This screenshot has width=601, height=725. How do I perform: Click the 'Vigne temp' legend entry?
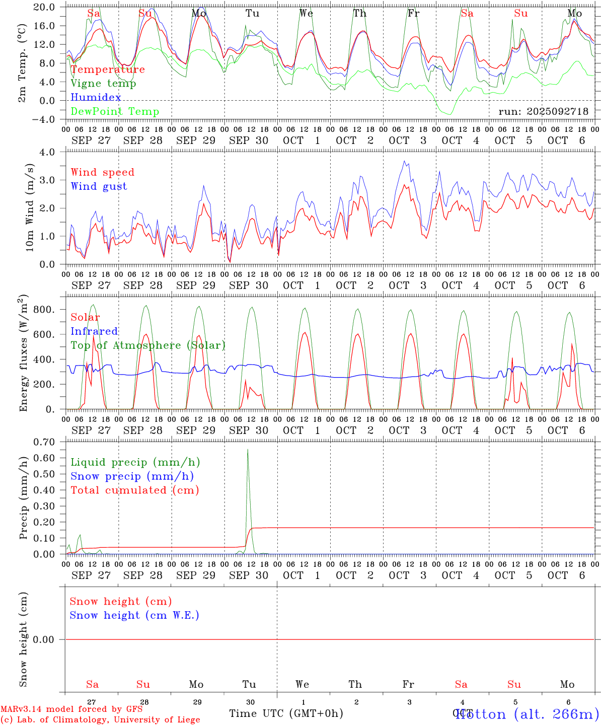(103, 84)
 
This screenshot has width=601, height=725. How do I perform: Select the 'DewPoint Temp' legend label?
(115, 112)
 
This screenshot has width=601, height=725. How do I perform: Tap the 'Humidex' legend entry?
(96, 98)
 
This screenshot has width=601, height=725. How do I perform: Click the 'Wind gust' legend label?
(99, 186)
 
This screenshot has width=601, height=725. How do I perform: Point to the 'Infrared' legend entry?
(94, 331)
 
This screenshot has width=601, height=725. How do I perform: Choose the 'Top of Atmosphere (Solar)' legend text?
(147, 345)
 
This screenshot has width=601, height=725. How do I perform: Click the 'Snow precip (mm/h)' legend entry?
(132, 476)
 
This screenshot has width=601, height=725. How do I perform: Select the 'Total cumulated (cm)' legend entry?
(134, 490)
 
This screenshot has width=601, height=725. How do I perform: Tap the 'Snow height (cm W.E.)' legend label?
(134, 615)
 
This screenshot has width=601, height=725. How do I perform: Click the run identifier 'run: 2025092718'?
(543, 112)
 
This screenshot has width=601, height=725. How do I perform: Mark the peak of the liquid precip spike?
(248, 450)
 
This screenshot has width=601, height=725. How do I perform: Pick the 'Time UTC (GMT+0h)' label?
(286, 713)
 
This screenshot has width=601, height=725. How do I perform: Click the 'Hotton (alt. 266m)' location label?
(527, 714)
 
